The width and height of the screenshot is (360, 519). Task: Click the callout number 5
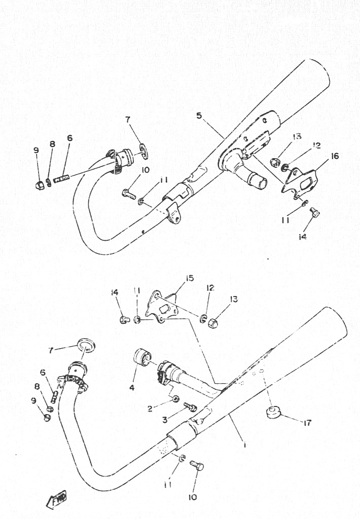coord(199,116)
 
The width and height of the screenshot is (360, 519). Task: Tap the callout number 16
coord(335,156)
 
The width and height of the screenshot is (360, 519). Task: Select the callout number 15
coord(190,278)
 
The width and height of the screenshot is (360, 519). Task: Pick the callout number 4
coord(132,387)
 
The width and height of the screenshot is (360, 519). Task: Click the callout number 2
coord(150,409)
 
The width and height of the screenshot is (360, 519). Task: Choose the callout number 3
coord(165,420)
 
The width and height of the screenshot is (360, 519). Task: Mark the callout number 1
coord(244,444)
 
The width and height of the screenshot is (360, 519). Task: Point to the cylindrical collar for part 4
coord(142,357)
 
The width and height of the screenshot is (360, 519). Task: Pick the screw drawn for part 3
coord(190,406)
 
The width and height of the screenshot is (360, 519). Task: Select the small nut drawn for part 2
coord(176,399)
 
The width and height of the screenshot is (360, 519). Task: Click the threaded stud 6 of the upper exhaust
coord(61,179)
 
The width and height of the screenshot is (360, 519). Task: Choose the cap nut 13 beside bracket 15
coord(212,322)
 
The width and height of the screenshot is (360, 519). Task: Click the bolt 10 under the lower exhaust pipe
coord(197,465)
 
